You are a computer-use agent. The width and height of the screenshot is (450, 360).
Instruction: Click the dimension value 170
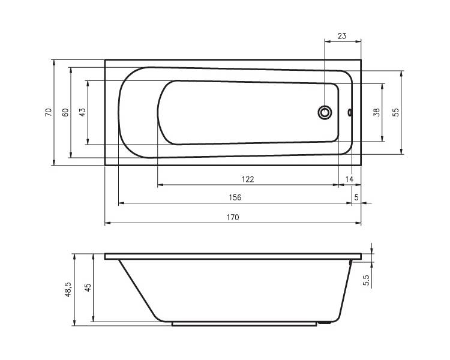(x=232, y=217)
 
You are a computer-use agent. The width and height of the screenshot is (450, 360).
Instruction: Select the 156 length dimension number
(x=235, y=197)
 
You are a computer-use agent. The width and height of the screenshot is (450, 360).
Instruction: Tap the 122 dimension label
(x=248, y=179)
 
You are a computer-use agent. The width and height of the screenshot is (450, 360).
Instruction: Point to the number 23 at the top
(x=342, y=36)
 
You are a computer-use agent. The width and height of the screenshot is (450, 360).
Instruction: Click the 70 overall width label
(x=49, y=112)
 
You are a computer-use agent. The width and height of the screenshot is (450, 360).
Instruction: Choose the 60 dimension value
(x=65, y=112)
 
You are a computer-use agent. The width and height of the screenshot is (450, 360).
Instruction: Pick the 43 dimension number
(x=82, y=112)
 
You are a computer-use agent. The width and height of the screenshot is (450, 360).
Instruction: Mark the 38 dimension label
(x=377, y=112)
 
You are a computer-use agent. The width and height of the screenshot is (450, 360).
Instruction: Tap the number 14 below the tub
(x=349, y=179)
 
